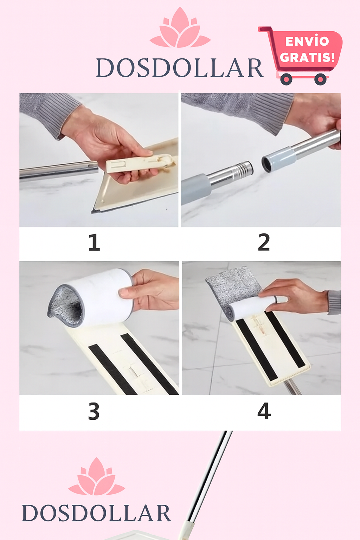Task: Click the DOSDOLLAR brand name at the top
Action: coord(180,68)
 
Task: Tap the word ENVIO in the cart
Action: coord(307,41)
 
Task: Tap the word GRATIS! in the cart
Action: coord(307,57)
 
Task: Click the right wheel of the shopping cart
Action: coord(321,79)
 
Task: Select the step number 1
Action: coord(94,242)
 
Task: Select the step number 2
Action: coord(264,242)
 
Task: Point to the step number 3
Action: coord(94,411)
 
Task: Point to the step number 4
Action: coord(264,411)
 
